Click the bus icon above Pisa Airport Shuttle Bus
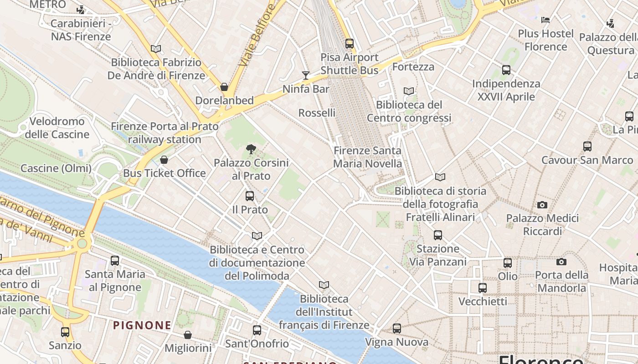coord(350,44)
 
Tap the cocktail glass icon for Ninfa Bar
coord(306,75)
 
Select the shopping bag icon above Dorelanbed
coord(224,86)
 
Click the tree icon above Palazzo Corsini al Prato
coord(251,149)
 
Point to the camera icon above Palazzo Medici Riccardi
coord(542,205)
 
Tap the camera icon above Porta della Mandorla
coord(561,262)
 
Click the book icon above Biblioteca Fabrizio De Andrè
coord(156,49)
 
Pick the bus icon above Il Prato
coord(250,196)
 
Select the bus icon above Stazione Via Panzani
coord(438,235)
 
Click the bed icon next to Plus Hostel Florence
coord(545,20)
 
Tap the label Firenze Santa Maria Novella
coord(368,157)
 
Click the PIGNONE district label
coord(142,325)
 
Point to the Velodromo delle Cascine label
coord(57,128)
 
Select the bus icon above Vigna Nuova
coord(397,329)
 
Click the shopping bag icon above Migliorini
coord(188,335)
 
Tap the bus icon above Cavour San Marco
coord(587,147)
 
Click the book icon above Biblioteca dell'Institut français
coord(324,285)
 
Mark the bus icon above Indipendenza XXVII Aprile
coord(506,70)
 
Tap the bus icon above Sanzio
coord(65,332)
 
